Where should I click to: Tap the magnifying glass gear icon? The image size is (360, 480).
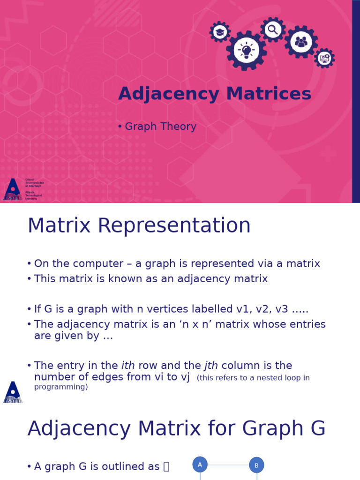[x=273, y=30]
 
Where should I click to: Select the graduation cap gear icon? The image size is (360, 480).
[x=220, y=32]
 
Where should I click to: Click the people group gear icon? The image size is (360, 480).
[x=301, y=42]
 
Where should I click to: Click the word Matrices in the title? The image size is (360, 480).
[x=269, y=94]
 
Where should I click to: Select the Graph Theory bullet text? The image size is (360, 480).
[x=160, y=127]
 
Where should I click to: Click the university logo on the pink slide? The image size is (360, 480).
[x=13, y=189]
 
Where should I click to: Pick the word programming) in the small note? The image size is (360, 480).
[x=61, y=387]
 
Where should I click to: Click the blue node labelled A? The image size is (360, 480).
[x=200, y=465]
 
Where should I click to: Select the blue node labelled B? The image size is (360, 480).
[x=256, y=465]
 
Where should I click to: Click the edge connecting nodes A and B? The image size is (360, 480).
[x=228, y=465]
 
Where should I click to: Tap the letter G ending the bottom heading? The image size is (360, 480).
[x=317, y=429]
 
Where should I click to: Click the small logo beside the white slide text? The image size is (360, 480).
[x=13, y=392]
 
